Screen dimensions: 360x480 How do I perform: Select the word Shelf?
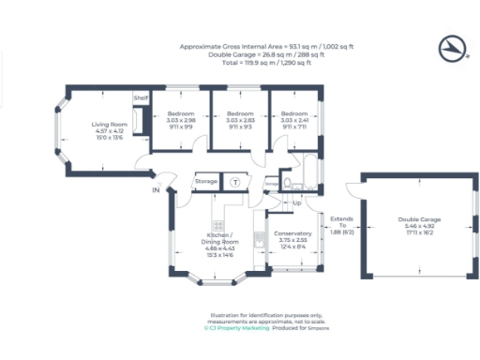(141, 98)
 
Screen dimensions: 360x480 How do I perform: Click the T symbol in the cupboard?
(235, 180)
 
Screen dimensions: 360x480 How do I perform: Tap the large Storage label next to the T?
(206, 180)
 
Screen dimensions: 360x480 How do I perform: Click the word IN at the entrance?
(155, 190)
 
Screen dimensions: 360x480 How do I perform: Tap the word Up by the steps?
(297, 202)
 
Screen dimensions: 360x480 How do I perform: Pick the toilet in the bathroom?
(286, 184)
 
